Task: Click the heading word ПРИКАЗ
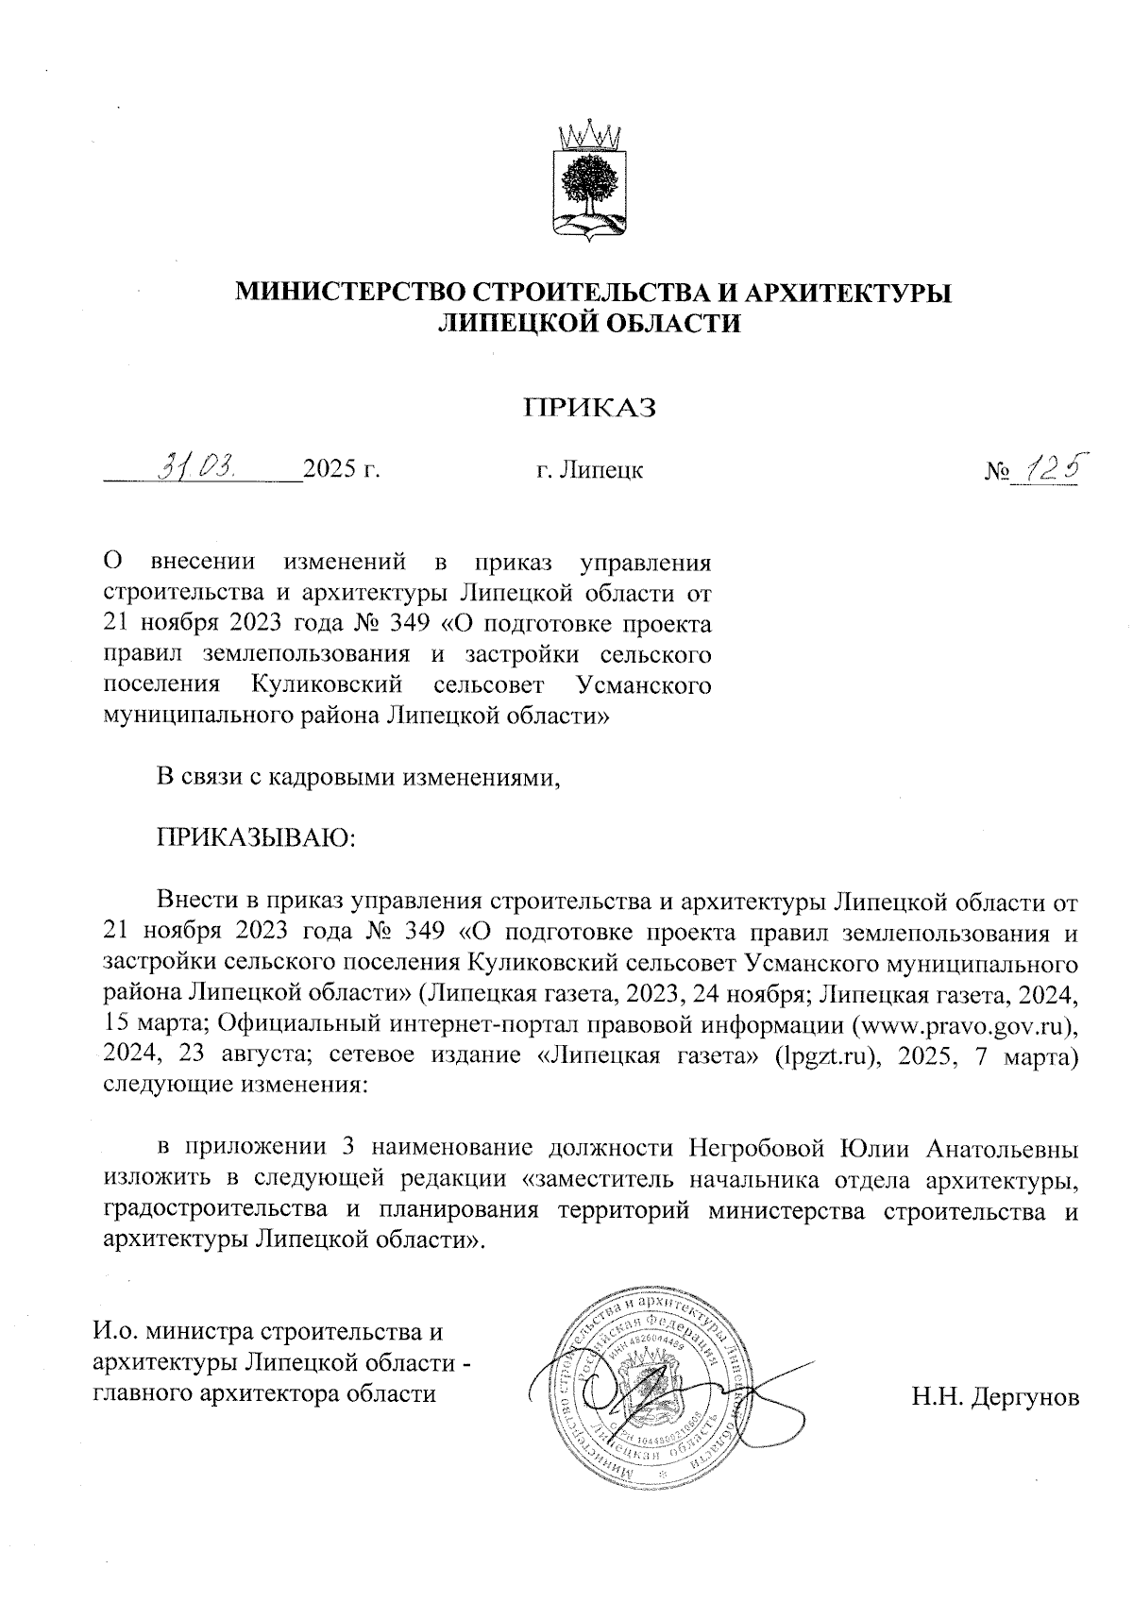point(590,407)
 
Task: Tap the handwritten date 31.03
point(199,465)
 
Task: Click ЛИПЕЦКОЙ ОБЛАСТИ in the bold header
point(591,323)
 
